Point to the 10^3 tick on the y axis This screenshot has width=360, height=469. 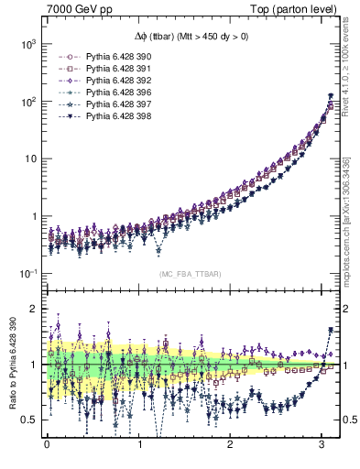click(x=27, y=44)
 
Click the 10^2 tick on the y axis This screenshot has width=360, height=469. click(x=27, y=101)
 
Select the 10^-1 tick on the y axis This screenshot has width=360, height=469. click(x=27, y=273)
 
